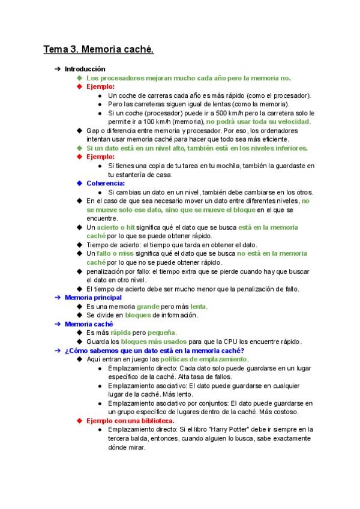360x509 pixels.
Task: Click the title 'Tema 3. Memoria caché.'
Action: click(x=98, y=49)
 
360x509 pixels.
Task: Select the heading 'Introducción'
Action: click(x=85, y=69)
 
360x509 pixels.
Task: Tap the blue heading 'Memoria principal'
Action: click(x=93, y=298)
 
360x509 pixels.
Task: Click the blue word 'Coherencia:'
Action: click(x=106, y=183)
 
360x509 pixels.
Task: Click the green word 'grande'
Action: click(x=148, y=307)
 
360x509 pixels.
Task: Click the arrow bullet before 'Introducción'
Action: click(x=57, y=69)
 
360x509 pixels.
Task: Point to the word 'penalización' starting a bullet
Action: click(x=106, y=271)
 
